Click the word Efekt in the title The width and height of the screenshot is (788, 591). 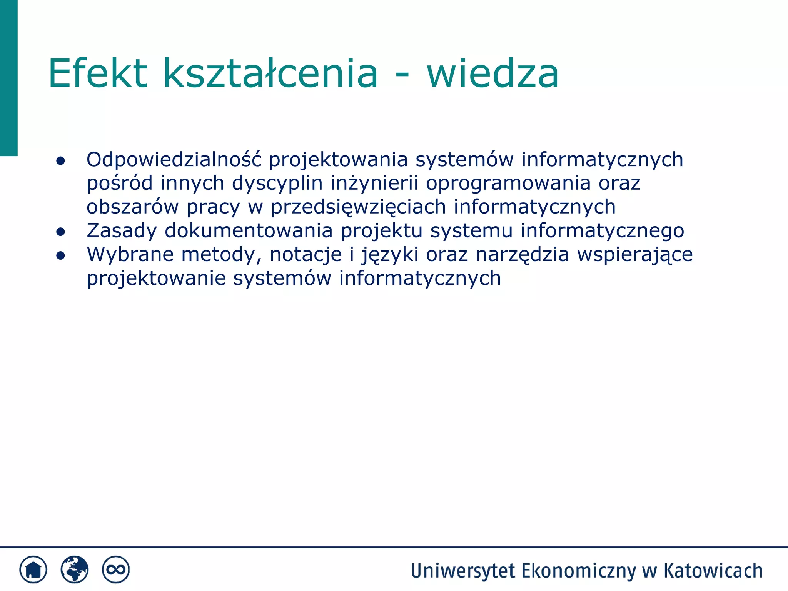[98, 73]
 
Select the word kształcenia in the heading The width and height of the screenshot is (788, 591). [270, 73]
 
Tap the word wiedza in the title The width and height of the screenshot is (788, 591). [492, 73]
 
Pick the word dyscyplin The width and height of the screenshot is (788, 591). [277, 183]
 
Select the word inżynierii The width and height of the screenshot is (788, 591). [374, 183]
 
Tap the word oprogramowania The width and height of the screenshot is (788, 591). [508, 183]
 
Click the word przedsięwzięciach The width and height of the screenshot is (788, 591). [358, 207]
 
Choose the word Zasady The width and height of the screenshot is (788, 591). [122, 231]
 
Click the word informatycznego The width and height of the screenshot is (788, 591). [602, 231]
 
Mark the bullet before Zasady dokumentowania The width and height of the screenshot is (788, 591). [60, 232]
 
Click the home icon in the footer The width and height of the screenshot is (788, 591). [33, 569]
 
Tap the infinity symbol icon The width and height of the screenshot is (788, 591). [115, 569]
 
